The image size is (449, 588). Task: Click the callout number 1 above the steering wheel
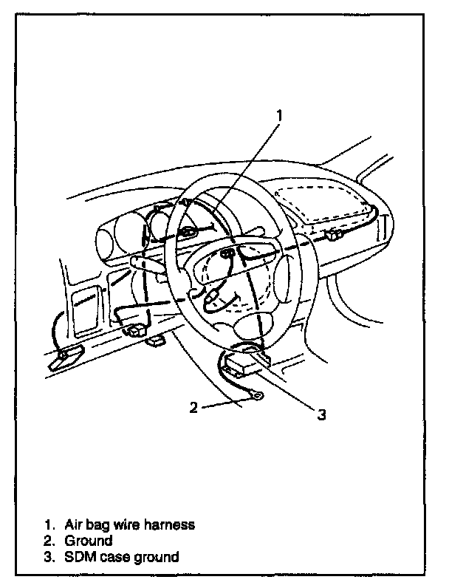click(280, 115)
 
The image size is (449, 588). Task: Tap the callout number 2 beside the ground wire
click(193, 407)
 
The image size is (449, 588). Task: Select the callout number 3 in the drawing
click(321, 414)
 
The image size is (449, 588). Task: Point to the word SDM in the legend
click(77, 557)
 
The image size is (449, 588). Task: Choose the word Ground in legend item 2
click(88, 541)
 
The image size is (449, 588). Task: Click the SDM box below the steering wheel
click(244, 363)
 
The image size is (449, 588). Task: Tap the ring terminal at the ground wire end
click(254, 400)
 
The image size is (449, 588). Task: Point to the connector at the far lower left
click(61, 360)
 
